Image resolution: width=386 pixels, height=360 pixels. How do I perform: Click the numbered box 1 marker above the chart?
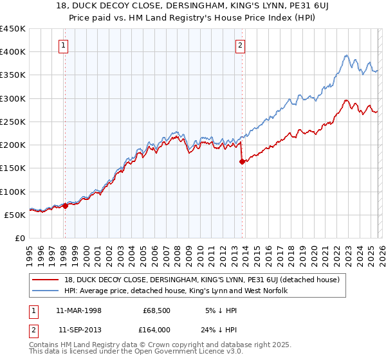[x=65, y=45]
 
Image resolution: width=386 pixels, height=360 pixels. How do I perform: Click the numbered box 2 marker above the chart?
[x=240, y=45]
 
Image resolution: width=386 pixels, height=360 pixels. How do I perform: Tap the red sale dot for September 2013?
[x=242, y=162]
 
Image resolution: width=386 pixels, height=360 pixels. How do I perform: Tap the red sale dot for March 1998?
[x=66, y=206]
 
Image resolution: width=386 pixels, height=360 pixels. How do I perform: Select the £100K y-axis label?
[x=13, y=192]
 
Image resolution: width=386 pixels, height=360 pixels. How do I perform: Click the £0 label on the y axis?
[x=20, y=238]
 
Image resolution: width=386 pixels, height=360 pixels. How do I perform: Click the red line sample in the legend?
[x=46, y=280]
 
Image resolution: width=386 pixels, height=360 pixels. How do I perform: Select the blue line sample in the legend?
[x=46, y=291]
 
